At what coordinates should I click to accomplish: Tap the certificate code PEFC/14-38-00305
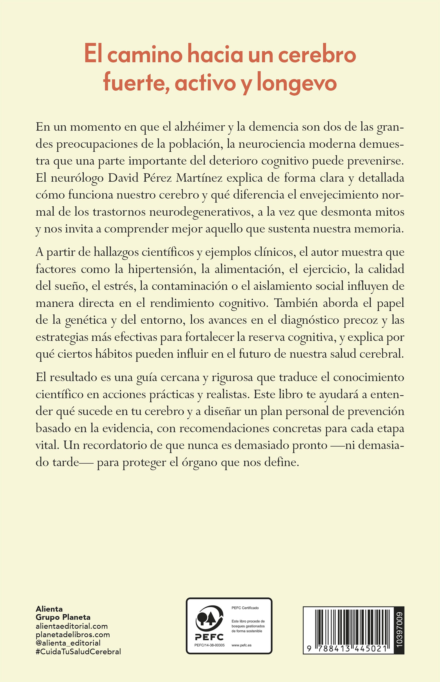[209, 645]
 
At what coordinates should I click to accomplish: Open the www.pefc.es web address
[241, 645]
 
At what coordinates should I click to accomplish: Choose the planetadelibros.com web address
[73, 634]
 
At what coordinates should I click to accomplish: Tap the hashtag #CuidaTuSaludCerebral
[78, 652]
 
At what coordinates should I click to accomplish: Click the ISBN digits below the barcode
[347, 649]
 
